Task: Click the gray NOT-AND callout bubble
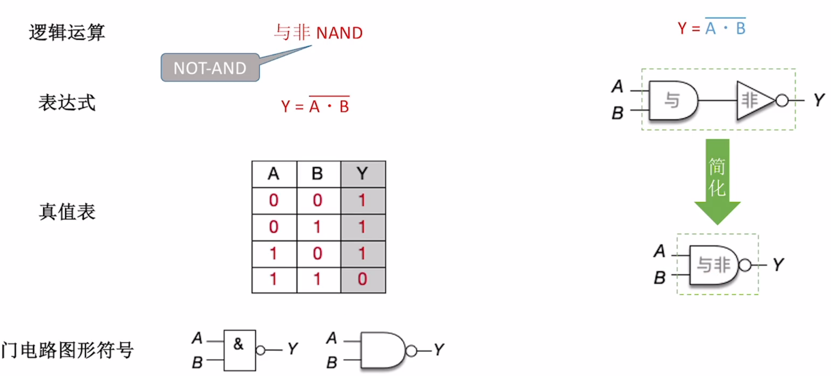210,68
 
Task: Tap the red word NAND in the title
339,33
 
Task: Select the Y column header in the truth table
362,174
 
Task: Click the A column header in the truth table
274,174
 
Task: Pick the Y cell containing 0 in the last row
362,279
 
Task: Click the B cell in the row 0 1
317,227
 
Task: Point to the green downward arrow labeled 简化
717,179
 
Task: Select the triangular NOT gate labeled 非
752,100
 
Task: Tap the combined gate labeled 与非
713,265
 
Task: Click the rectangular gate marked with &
240,350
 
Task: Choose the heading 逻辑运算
67,32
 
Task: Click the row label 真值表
67,212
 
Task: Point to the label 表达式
67,103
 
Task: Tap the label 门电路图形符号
68,350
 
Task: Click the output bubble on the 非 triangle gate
782,100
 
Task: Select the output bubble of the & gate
260,350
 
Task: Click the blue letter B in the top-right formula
741,29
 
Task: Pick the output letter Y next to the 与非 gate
778,265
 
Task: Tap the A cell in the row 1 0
274,254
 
